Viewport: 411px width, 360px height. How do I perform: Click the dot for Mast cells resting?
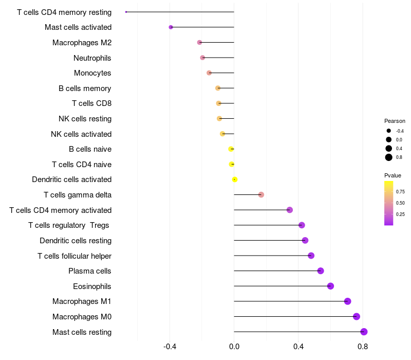364,332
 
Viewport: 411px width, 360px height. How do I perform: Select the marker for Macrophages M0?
357,317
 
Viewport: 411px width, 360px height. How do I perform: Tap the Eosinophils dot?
330,286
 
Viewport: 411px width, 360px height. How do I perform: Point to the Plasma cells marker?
321,271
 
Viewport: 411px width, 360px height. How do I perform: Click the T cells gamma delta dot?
261,195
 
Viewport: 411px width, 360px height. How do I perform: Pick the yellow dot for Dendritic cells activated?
235,179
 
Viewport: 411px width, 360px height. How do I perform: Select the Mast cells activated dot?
171,27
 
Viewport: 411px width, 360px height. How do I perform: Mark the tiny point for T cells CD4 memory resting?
126,12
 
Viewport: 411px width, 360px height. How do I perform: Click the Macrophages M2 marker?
199,42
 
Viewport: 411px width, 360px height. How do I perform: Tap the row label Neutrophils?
92,58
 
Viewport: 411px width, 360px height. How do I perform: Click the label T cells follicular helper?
74,256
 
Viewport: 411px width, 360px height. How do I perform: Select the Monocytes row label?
92,73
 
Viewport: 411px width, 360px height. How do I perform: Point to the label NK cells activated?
81,134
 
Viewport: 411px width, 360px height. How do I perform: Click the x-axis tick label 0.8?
363,347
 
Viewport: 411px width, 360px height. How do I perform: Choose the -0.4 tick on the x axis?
170,347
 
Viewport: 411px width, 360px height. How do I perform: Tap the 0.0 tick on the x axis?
234,347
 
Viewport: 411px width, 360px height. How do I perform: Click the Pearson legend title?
395,121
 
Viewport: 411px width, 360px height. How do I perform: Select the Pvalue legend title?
393,175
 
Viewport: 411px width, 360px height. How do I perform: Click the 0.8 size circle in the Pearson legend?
389,157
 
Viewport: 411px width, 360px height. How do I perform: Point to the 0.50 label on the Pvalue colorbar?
400,203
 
